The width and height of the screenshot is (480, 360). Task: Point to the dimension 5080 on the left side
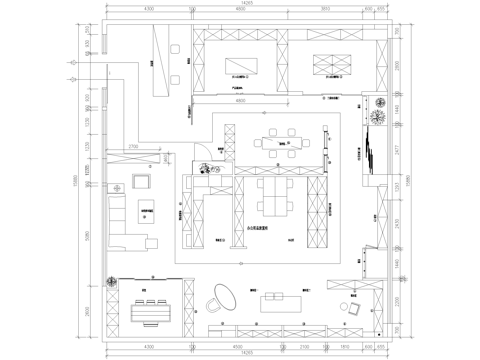coord(88,237)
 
